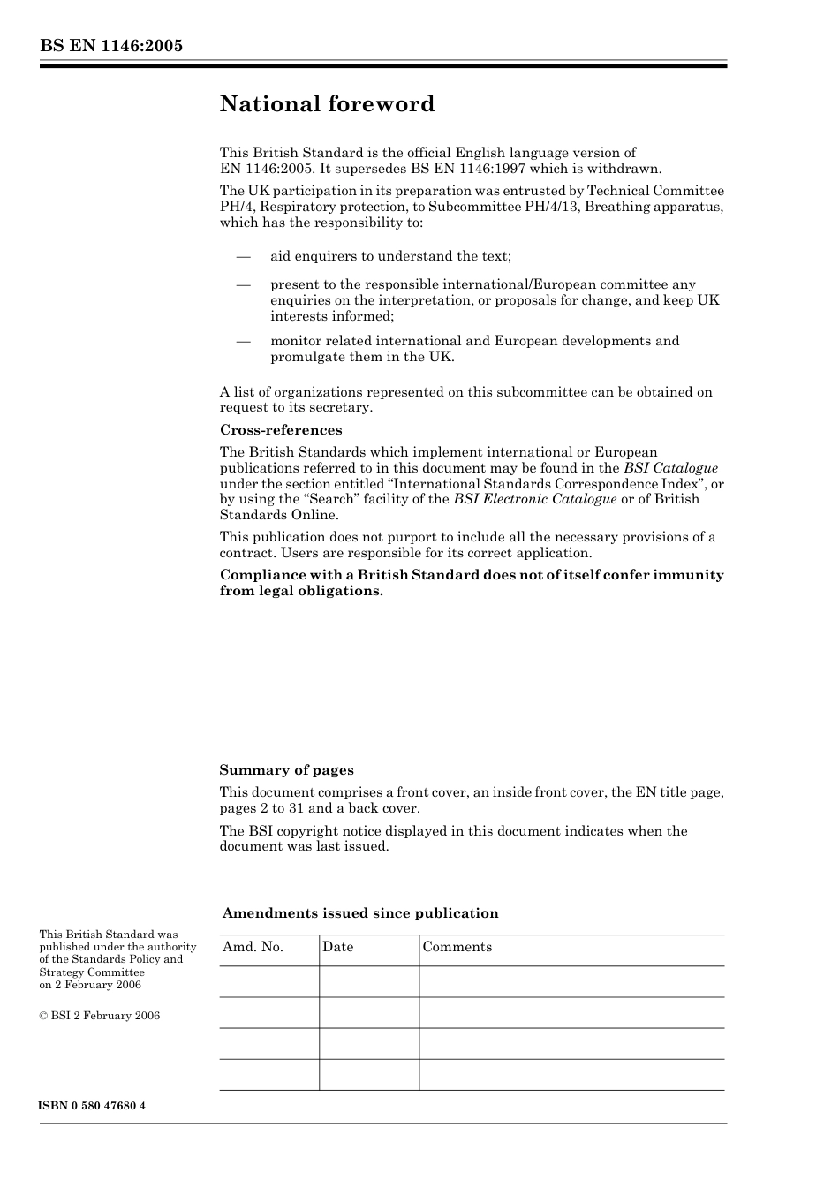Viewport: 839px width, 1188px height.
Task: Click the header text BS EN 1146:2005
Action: tap(110, 46)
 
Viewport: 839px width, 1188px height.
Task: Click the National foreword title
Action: tap(327, 104)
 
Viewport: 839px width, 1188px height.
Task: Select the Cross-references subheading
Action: tap(281, 430)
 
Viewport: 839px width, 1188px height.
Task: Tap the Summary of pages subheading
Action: tap(286, 770)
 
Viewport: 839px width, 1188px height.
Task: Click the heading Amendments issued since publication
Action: tap(360, 913)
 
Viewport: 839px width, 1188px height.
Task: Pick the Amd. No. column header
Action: tap(253, 947)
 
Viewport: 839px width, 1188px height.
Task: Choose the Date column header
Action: tap(337, 947)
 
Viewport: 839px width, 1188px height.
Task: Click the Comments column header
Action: tap(457, 947)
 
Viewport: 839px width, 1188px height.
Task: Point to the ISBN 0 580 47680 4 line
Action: tap(92, 1106)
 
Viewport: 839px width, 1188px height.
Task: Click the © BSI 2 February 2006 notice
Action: tap(100, 1016)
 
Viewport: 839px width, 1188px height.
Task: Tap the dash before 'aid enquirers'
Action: tap(243, 257)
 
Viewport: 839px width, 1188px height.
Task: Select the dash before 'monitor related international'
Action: tap(243, 342)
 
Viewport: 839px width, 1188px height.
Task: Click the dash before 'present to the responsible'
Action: tap(243, 285)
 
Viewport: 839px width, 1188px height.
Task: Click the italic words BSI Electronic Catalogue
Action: tap(535, 499)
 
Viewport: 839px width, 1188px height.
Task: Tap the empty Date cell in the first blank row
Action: tap(368, 981)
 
